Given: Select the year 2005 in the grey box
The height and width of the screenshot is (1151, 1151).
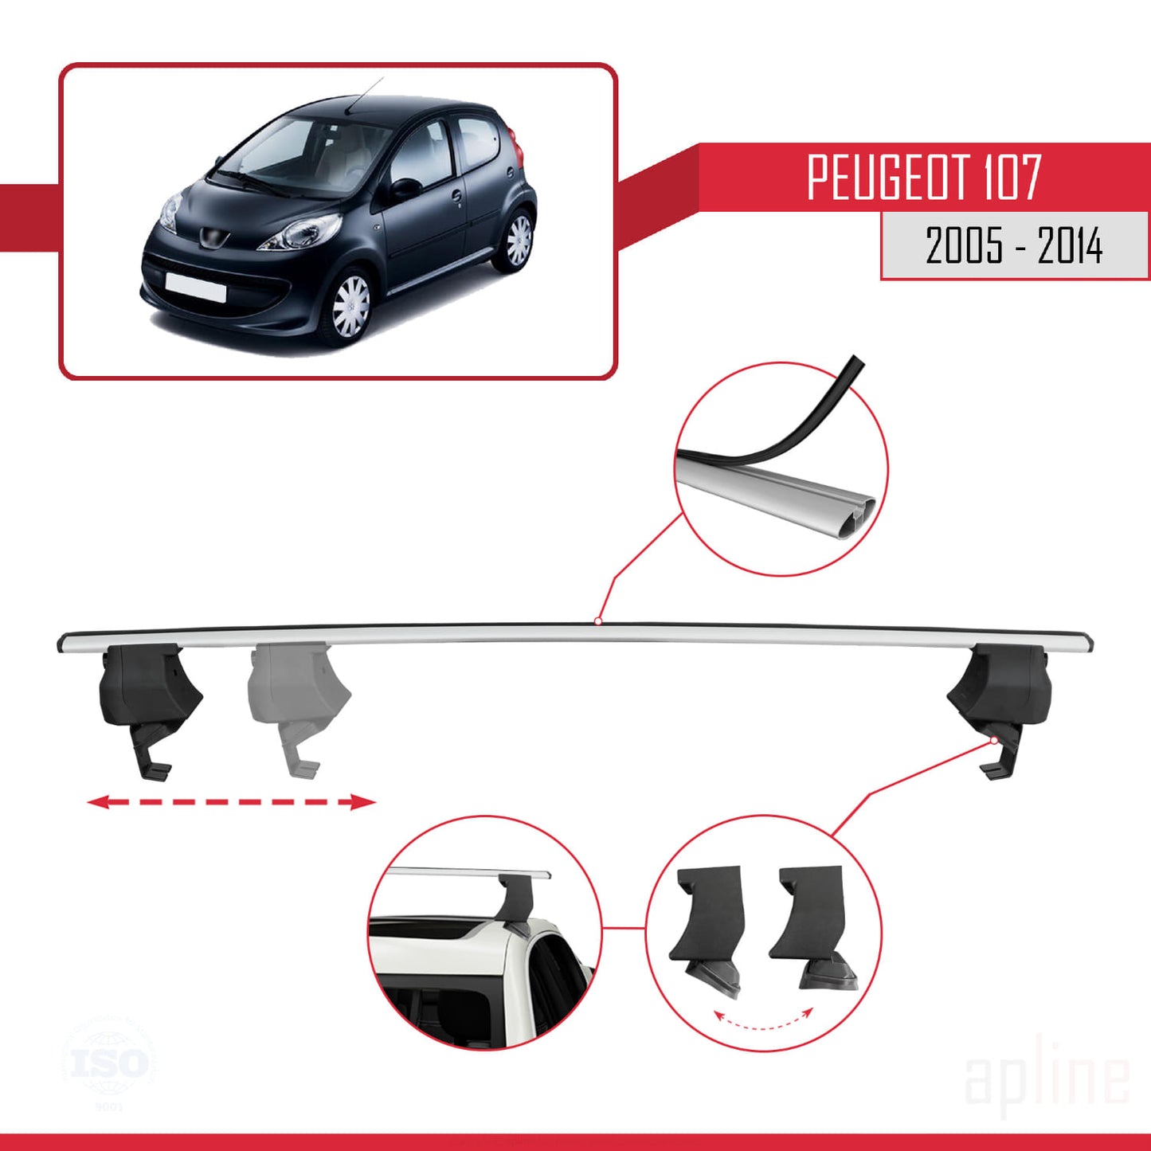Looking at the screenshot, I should click(x=964, y=245).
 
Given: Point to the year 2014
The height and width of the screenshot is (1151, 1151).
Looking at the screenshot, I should click(x=1070, y=245).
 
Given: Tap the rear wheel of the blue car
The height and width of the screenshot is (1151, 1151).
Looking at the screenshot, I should click(x=519, y=240).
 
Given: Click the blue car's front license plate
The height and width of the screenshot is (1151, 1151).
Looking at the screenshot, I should click(x=195, y=286).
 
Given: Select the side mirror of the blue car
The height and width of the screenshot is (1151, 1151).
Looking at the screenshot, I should click(x=405, y=188).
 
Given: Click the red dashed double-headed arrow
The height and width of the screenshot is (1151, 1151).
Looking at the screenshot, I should click(x=230, y=801).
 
